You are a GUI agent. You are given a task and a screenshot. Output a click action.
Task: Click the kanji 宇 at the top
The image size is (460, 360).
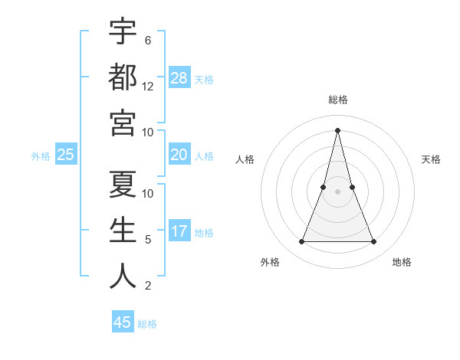(123, 32)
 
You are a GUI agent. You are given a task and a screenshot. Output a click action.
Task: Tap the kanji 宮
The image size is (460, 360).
(123, 122)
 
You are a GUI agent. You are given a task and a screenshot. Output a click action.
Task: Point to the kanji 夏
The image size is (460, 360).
(123, 184)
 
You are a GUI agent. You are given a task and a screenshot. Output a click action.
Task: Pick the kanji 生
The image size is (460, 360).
(123, 230)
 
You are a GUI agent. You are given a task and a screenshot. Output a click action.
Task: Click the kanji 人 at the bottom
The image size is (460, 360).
(123, 276)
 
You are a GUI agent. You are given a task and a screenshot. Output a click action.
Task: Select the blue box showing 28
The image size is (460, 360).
(179, 77)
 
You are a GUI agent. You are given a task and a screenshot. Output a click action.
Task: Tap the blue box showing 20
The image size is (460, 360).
(179, 155)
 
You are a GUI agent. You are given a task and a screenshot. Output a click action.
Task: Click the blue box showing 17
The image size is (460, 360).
(179, 231)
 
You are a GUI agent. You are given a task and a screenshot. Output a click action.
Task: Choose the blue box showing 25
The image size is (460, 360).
(66, 155)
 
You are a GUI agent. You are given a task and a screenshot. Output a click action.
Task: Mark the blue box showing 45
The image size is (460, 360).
(123, 322)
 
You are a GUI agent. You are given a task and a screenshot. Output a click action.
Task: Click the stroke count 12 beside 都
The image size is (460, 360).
(148, 87)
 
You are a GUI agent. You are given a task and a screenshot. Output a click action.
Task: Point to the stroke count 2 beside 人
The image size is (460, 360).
(148, 286)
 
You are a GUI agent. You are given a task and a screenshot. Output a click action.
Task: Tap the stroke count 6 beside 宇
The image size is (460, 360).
(148, 40)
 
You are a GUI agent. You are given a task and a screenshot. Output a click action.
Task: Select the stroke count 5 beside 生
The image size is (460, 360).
(148, 240)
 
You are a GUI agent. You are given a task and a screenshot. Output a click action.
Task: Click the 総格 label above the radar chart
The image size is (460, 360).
(337, 100)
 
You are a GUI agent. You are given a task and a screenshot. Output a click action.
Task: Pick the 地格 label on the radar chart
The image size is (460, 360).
(402, 262)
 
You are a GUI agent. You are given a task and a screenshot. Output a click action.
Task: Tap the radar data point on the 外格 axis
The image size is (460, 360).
(301, 242)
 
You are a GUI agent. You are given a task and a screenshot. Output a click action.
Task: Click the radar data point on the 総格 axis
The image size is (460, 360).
(337, 129)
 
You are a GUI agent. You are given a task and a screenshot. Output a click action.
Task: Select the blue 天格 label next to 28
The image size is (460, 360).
(204, 79)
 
